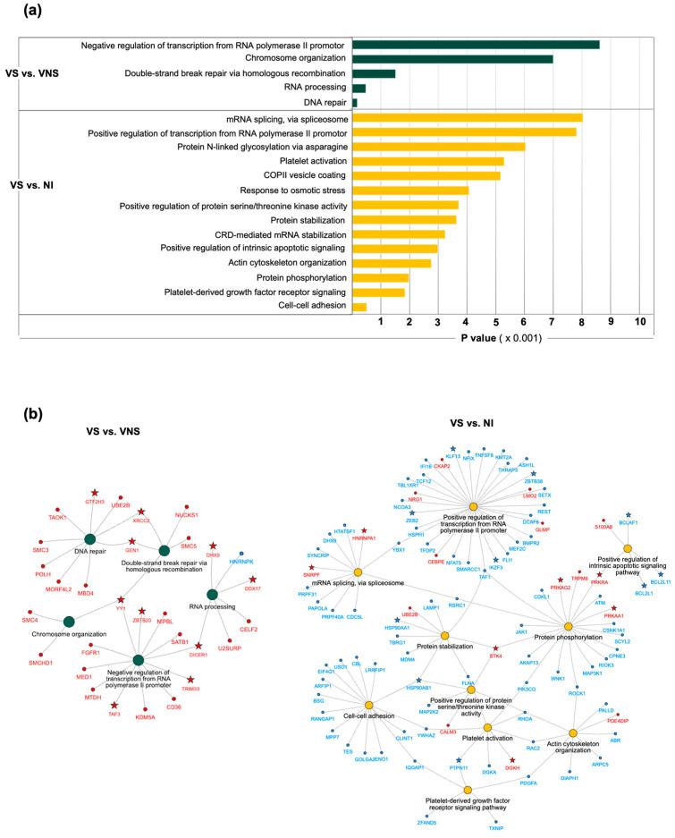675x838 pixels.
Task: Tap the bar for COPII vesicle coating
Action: (x=426, y=175)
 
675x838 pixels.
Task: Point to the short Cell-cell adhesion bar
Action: (x=359, y=307)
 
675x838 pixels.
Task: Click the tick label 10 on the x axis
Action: (x=640, y=322)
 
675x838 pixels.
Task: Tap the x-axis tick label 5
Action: (x=496, y=322)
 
